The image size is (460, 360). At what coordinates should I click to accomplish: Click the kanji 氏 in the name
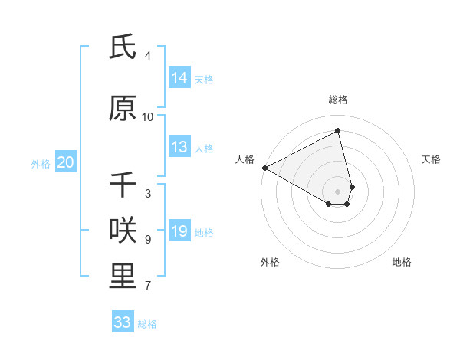[123, 47]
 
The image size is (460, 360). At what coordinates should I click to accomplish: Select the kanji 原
[123, 109]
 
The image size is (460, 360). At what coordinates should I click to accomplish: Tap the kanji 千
[123, 185]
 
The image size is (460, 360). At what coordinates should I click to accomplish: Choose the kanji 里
[123, 277]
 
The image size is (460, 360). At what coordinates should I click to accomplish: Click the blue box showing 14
[179, 78]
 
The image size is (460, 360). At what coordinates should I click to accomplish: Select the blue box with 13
[179, 147]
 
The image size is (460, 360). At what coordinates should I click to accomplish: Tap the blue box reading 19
[179, 231]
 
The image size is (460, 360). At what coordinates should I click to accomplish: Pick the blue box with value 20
[66, 162]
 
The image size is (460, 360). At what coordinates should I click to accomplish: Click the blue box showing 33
[123, 322]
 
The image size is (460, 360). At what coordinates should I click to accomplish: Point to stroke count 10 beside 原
[148, 117]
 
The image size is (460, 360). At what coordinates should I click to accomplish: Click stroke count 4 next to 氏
[148, 56]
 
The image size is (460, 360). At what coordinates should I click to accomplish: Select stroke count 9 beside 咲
[148, 240]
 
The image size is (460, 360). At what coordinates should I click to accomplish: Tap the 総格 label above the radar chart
[338, 100]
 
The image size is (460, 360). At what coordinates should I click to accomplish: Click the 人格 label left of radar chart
[245, 159]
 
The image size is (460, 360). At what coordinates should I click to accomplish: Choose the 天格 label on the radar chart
[432, 159]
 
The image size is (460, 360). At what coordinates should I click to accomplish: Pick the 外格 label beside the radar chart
[270, 262]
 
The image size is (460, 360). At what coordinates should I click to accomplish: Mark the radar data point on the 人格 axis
[264, 167]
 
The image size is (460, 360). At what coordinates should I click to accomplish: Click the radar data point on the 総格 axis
[338, 131]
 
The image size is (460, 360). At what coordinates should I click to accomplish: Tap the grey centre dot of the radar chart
[338, 191]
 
